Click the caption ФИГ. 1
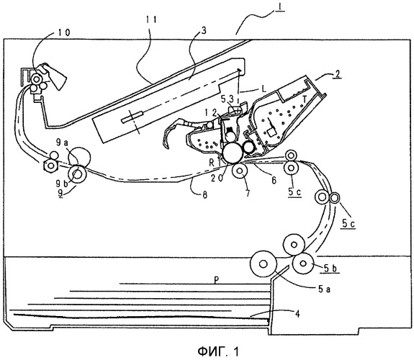click(x=219, y=351)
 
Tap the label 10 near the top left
click(x=63, y=32)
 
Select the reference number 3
click(x=203, y=31)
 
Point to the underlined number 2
click(x=337, y=73)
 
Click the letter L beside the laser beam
click(x=264, y=89)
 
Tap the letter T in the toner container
click(x=304, y=99)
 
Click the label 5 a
click(x=324, y=289)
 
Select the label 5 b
click(x=330, y=269)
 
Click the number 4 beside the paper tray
click(x=297, y=314)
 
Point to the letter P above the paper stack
click(x=216, y=279)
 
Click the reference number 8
click(x=205, y=195)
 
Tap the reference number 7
click(x=247, y=194)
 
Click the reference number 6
click(x=274, y=180)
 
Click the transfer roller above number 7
click(x=240, y=171)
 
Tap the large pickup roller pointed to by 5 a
click(x=264, y=264)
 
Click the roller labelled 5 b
click(x=303, y=263)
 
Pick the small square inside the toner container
click(x=271, y=132)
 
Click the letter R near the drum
click(x=212, y=163)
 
